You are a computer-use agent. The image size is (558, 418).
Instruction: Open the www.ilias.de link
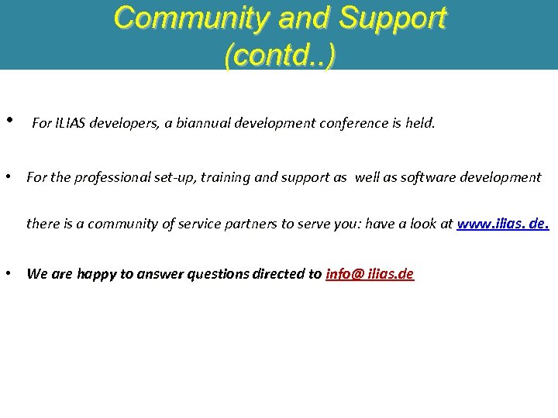click(x=503, y=224)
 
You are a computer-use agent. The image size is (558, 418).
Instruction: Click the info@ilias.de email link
click(x=370, y=274)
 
